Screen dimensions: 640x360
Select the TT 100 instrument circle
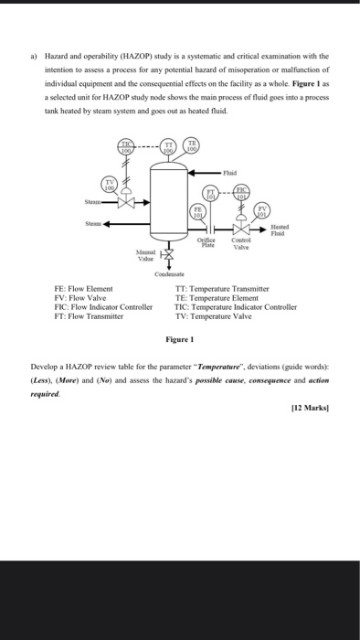tap(169, 146)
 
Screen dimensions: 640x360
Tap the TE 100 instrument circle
tap(192, 146)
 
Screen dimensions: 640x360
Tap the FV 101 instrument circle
tap(263, 212)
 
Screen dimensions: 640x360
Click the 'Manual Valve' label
tap(144, 254)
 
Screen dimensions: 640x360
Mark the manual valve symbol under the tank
tap(165, 254)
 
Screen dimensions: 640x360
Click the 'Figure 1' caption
tap(178, 339)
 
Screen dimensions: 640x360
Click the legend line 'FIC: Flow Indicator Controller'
tap(103, 308)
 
